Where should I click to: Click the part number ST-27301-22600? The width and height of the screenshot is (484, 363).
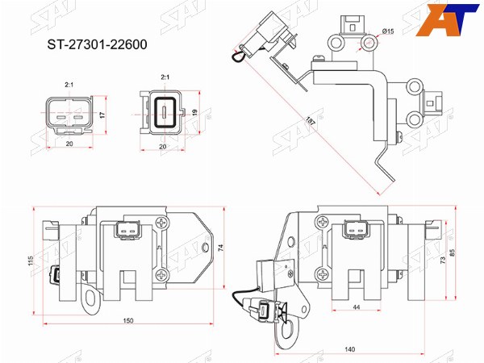pos(97,44)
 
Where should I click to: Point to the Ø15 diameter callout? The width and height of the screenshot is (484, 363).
pos(388,31)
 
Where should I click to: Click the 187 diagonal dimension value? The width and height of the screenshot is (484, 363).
pos(311,121)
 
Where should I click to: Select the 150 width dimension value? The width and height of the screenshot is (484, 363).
pos(127,321)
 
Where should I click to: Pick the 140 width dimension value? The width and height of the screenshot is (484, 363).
pos(349,349)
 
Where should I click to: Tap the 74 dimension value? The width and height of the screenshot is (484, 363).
pos(221,248)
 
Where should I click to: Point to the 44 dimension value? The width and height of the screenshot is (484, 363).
pos(357,307)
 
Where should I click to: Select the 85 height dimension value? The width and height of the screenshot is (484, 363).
pos(453,253)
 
